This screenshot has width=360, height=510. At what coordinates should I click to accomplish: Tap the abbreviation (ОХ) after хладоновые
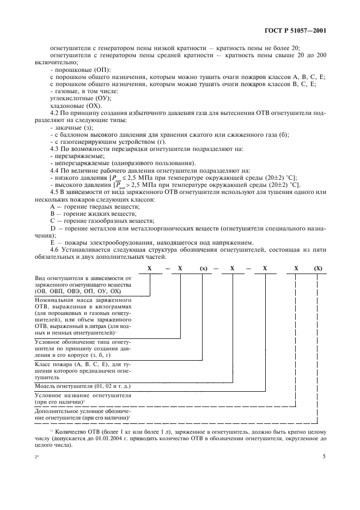[82, 106]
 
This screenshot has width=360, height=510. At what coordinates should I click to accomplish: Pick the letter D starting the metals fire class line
[52, 227]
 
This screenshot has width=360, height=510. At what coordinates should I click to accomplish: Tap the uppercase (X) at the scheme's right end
[318, 269]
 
